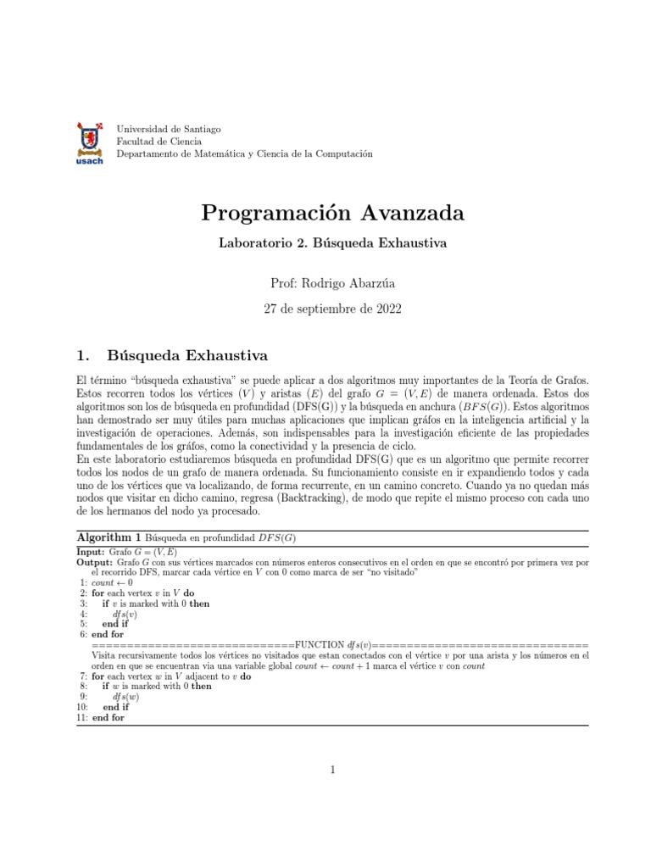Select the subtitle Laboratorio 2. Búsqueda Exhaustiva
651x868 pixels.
coord(333,242)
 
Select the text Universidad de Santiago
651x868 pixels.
coord(169,129)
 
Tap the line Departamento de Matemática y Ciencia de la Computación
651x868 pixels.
coord(244,154)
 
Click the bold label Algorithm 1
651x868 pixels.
coord(109,538)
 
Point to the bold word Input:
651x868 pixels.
coord(91,550)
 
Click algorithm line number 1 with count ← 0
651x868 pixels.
coord(83,582)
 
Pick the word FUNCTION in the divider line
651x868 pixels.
coord(320,644)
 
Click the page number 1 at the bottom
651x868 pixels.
coord(333,770)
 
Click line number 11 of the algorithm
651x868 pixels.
coord(82,717)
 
